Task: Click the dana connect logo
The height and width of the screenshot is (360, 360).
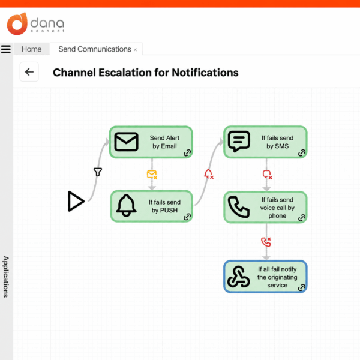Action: tap(35, 23)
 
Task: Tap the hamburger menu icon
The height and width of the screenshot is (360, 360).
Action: tap(6, 49)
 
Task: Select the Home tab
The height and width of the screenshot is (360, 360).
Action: tap(31, 49)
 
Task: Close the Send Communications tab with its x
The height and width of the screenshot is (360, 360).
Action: tap(135, 50)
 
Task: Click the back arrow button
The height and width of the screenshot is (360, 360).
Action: tap(29, 72)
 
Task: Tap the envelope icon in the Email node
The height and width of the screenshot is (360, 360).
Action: tap(126, 142)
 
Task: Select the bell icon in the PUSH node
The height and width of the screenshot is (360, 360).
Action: tap(126, 205)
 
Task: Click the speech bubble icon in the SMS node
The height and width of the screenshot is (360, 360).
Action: tap(239, 141)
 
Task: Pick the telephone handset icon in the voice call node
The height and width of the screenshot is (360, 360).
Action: tap(239, 207)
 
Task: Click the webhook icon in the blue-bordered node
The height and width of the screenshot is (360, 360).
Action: tap(239, 277)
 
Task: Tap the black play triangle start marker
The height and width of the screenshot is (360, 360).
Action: tap(76, 201)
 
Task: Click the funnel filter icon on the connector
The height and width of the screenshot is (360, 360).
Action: tap(98, 172)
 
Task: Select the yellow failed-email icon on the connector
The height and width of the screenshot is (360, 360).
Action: tap(152, 175)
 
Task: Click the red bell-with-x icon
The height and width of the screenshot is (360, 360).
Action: tap(209, 174)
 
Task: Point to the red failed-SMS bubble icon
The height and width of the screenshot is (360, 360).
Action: tap(267, 175)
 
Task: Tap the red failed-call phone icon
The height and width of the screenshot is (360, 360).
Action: tap(266, 242)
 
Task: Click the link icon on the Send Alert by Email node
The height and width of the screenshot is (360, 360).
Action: tap(187, 152)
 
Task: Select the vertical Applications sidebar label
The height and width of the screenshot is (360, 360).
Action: tap(6, 277)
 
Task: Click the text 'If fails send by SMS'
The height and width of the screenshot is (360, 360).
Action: tap(277, 142)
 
